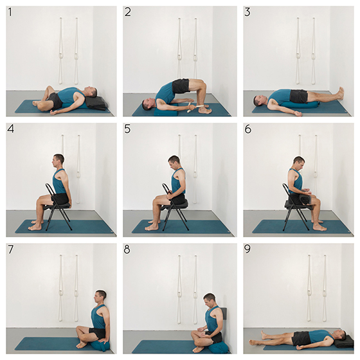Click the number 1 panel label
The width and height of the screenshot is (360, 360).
[10, 12]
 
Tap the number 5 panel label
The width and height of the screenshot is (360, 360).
[127, 129]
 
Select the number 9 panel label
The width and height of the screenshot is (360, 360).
[248, 249]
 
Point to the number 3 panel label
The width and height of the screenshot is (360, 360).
[248, 12]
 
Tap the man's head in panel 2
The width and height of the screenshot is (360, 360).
[148, 104]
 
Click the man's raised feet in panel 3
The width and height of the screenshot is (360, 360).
[340, 94]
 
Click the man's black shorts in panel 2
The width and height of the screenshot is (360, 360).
[181, 85]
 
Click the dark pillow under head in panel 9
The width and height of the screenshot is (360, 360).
[344, 341]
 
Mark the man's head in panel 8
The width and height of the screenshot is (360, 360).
[210, 301]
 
